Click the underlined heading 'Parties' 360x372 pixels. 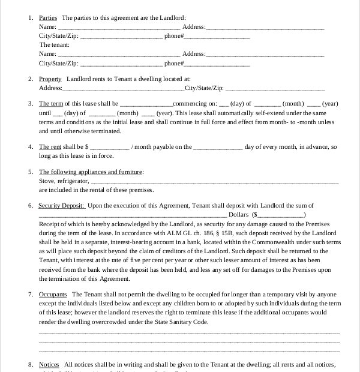(48, 18)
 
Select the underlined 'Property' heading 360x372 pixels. (50, 79)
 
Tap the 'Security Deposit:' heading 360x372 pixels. (62, 206)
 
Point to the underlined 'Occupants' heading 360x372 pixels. (52, 295)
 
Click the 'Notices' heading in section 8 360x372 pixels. (49, 364)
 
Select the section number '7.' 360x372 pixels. (31, 295)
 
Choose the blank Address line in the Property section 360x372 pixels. (124, 88)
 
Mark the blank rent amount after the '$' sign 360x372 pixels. (109, 146)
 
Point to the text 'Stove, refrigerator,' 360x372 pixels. (64, 181)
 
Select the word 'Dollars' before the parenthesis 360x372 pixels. (239, 214)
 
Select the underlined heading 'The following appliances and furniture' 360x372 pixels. (91, 172)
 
